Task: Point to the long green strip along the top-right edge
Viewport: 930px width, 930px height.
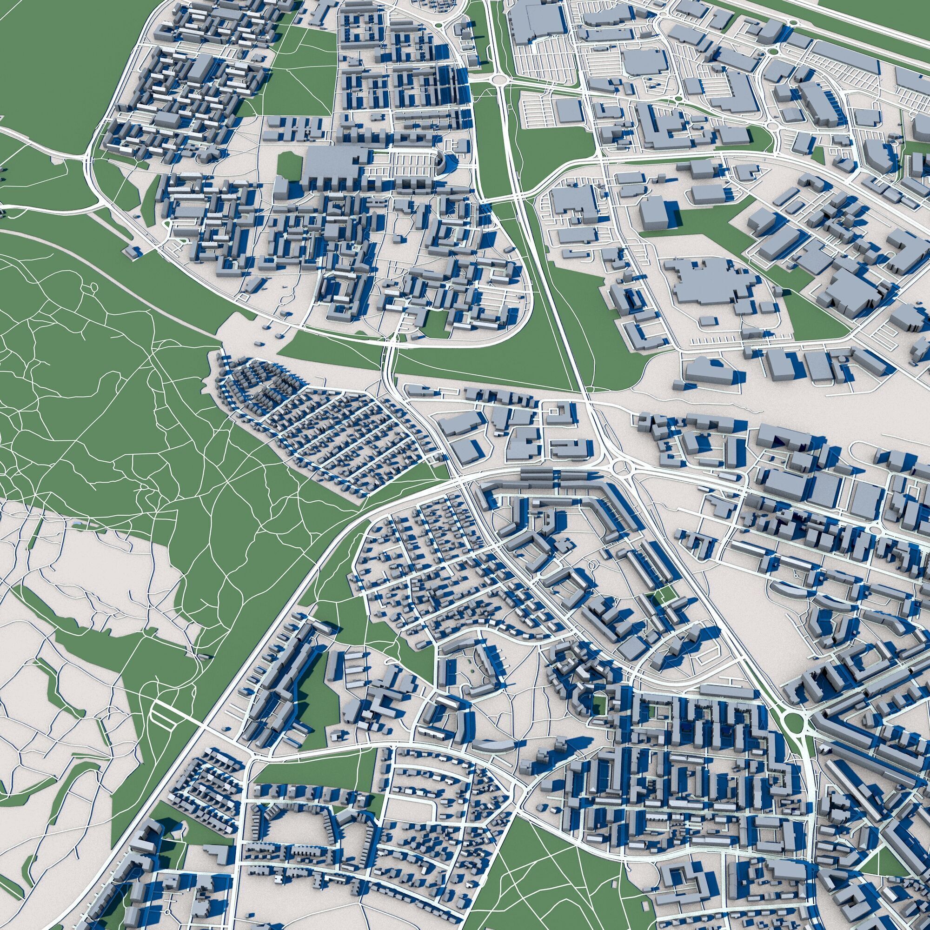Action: click(x=843, y=24)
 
